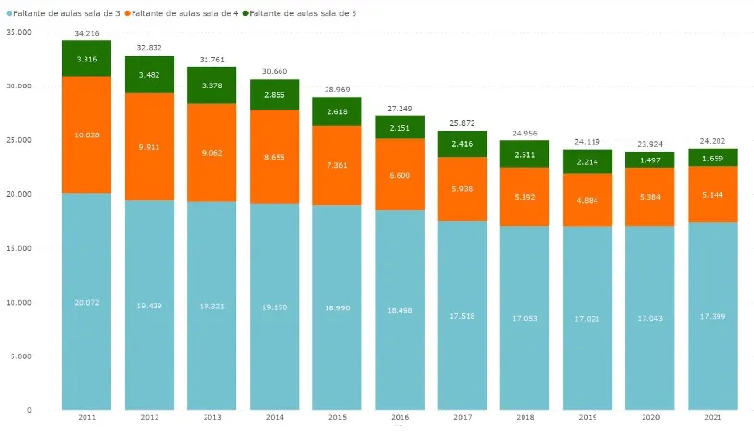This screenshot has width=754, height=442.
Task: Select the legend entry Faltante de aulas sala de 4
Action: (186, 13)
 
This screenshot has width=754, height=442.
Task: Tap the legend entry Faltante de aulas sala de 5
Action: (303, 13)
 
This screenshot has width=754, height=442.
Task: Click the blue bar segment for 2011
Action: (86, 302)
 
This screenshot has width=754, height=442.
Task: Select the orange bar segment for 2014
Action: (275, 156)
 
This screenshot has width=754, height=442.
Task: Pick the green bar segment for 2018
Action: (525, 155)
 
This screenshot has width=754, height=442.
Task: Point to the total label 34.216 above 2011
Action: (86, 34)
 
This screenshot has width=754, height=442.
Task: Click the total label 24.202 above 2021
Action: (713, 141)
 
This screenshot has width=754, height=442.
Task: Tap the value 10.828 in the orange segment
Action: (86, 135)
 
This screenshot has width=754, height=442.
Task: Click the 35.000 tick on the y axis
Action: (18, 32)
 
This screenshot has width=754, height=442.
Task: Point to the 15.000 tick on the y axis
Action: (18, 248)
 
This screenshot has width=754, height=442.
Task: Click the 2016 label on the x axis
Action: (400, 418)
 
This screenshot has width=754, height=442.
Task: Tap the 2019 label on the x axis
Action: (588, 418)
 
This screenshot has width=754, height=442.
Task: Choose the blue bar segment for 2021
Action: (713, 316)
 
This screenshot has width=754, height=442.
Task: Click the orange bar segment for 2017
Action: (463, 188)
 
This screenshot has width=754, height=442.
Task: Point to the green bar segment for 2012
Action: (149, 74)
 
